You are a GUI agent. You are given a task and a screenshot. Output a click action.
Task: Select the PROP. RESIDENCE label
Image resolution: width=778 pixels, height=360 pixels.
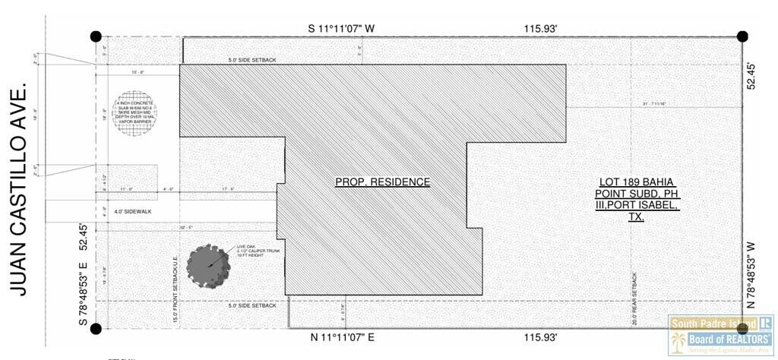click(383, 182)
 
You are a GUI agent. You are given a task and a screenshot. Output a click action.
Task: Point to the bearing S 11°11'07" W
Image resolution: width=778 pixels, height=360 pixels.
click(341, 29)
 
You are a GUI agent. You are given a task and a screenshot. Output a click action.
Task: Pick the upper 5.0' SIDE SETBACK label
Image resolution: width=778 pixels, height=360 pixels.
click(253, 60)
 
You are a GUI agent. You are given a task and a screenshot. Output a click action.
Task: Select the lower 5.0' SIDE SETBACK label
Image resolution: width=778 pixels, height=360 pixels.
click(253, 305)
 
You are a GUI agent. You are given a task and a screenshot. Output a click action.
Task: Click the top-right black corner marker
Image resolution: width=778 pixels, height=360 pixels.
click(742, 36)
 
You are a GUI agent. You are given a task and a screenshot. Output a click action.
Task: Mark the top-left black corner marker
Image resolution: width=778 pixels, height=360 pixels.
click(96, 36)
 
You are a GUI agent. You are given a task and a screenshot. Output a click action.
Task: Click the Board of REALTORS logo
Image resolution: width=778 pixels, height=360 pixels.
click(720, 334)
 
